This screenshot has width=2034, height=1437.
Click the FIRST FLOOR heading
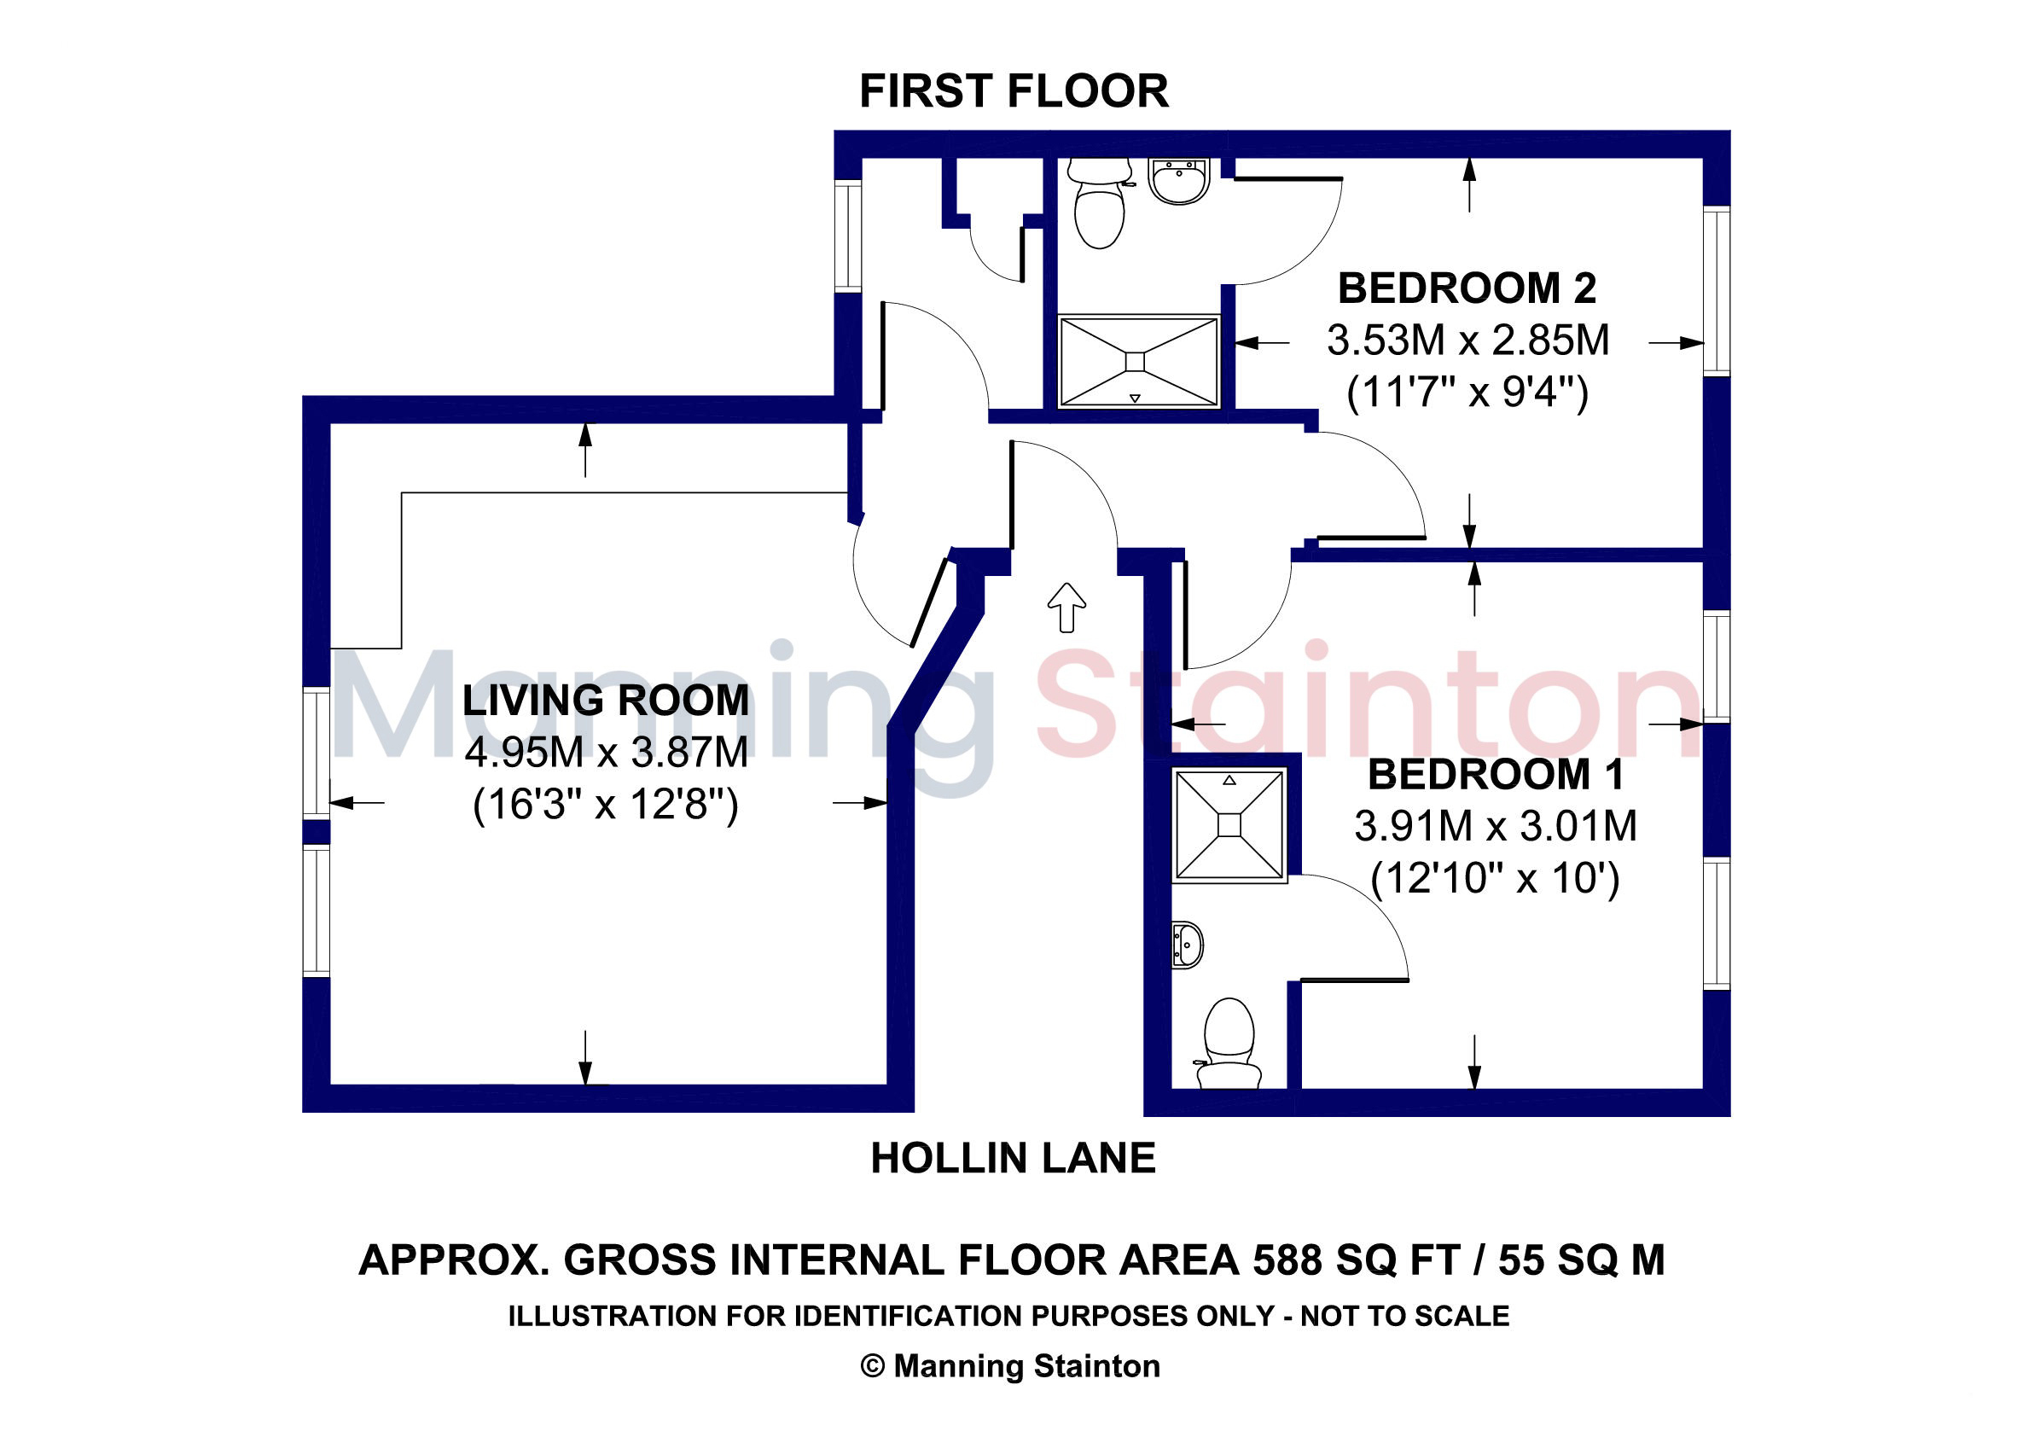click(x=1014, y=91)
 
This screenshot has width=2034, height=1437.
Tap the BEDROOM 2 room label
click(x=1467, y=288)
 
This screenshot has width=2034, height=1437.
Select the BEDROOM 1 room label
click(x=1496, y=774)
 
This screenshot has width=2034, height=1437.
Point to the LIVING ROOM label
click(x=606, y=701)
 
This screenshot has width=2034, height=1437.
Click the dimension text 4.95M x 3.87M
click(x=607, y=753)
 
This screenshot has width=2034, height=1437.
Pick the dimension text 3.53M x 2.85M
click(x=1468, y=340)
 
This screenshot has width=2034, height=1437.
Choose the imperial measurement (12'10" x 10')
click(x=1496, y=879)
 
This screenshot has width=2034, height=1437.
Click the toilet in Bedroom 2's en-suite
click(x=1100, y=203)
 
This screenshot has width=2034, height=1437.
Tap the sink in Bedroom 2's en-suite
click(x=1179, y=181)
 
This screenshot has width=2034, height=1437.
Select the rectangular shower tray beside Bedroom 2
click(x=1138, y=362)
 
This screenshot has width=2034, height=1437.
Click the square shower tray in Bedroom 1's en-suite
click(x=1229, y=825)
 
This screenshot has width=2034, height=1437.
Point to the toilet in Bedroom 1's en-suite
click(x=1229, y=1044)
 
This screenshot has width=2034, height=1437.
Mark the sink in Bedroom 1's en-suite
click(x=1187, y=945)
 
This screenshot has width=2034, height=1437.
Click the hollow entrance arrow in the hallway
click(x=1066, y=608)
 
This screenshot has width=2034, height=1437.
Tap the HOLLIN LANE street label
click(x=1014, y=1158)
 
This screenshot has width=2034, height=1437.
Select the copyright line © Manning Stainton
click(x=1010, y=1366)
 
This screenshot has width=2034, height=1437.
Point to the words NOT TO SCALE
click(x=1405, y=1316)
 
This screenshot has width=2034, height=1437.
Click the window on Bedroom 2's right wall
click(x=1717, y=291)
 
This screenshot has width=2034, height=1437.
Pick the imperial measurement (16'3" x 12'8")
click(x=606, y=806)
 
